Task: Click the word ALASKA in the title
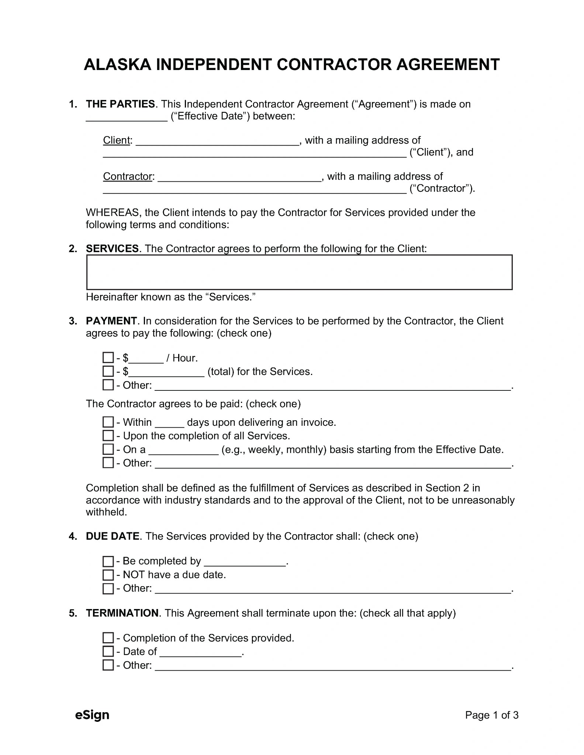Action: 117,65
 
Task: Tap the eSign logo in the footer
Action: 92,715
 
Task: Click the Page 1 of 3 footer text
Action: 491,715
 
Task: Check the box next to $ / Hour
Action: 108,358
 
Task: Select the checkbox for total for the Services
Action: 108,371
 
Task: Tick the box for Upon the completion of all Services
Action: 108,436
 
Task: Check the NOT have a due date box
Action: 108,575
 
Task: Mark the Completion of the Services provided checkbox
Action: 108,638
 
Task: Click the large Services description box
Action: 299,272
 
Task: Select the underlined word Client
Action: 117,140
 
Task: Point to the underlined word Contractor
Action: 128,177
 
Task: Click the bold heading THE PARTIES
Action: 120,104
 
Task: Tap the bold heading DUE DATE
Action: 113,536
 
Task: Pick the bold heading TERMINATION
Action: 122,613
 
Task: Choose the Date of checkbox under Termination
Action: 108,651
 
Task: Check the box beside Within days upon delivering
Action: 108,422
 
